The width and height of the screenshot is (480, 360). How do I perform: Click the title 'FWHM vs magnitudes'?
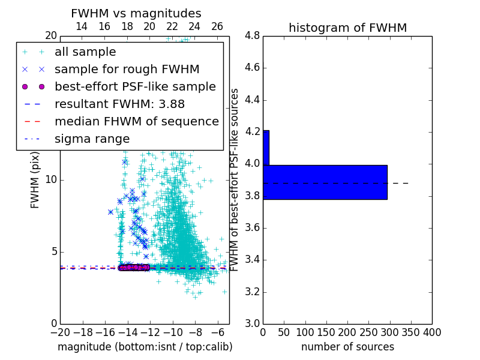pos(136,13)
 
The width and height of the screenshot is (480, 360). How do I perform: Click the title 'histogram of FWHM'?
pos(347,28)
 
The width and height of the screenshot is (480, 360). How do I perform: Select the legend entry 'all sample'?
pos(85,52)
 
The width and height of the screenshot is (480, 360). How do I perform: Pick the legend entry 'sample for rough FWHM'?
pos(127,69)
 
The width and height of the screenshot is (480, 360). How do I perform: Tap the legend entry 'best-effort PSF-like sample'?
pos(135,86)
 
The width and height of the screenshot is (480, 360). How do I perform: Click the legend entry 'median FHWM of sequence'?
pos(136,121)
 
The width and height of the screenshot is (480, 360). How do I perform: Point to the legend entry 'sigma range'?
pos(92,139)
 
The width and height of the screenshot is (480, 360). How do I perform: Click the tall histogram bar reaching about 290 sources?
pos(325,182)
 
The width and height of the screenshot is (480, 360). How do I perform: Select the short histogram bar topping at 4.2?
pos(266,148)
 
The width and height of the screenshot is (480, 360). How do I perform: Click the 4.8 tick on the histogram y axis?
pos(252,36)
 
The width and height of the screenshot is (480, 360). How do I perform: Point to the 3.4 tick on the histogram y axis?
pos(252,260)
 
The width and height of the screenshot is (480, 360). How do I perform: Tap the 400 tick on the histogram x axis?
pos(432,332)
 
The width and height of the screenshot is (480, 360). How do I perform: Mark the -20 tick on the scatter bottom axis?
pos(60,332)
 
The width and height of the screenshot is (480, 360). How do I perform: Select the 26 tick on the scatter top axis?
pos(217,26)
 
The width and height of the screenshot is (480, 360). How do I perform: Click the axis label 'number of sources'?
pos(347,347)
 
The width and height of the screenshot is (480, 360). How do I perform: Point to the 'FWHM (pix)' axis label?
pos(35,179)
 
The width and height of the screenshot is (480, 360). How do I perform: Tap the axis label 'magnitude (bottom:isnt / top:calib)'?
pos(145,347)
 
